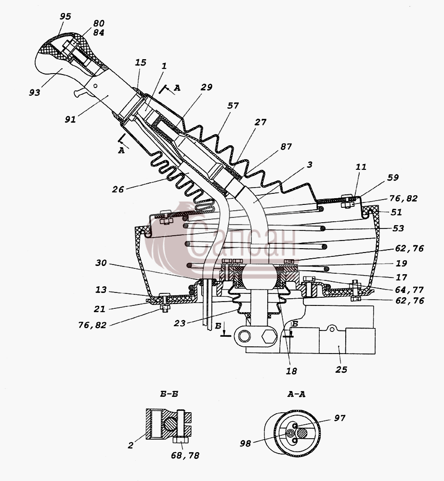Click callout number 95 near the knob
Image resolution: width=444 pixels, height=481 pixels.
click(65, 16)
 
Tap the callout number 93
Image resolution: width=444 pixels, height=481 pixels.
click(35, 92)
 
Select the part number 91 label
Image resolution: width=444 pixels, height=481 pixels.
click(70, 119)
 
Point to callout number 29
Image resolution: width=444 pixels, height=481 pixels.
click(206, 87)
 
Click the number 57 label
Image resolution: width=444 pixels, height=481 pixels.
click(233, 105)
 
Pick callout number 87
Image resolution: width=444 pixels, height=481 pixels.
click(286, 146)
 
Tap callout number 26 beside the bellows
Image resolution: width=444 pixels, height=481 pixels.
click(118, 189)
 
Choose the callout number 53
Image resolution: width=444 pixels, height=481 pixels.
click(398, 228)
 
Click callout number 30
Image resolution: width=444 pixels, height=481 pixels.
click(101, 263)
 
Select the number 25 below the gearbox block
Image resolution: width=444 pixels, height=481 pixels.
click(341, 369)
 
